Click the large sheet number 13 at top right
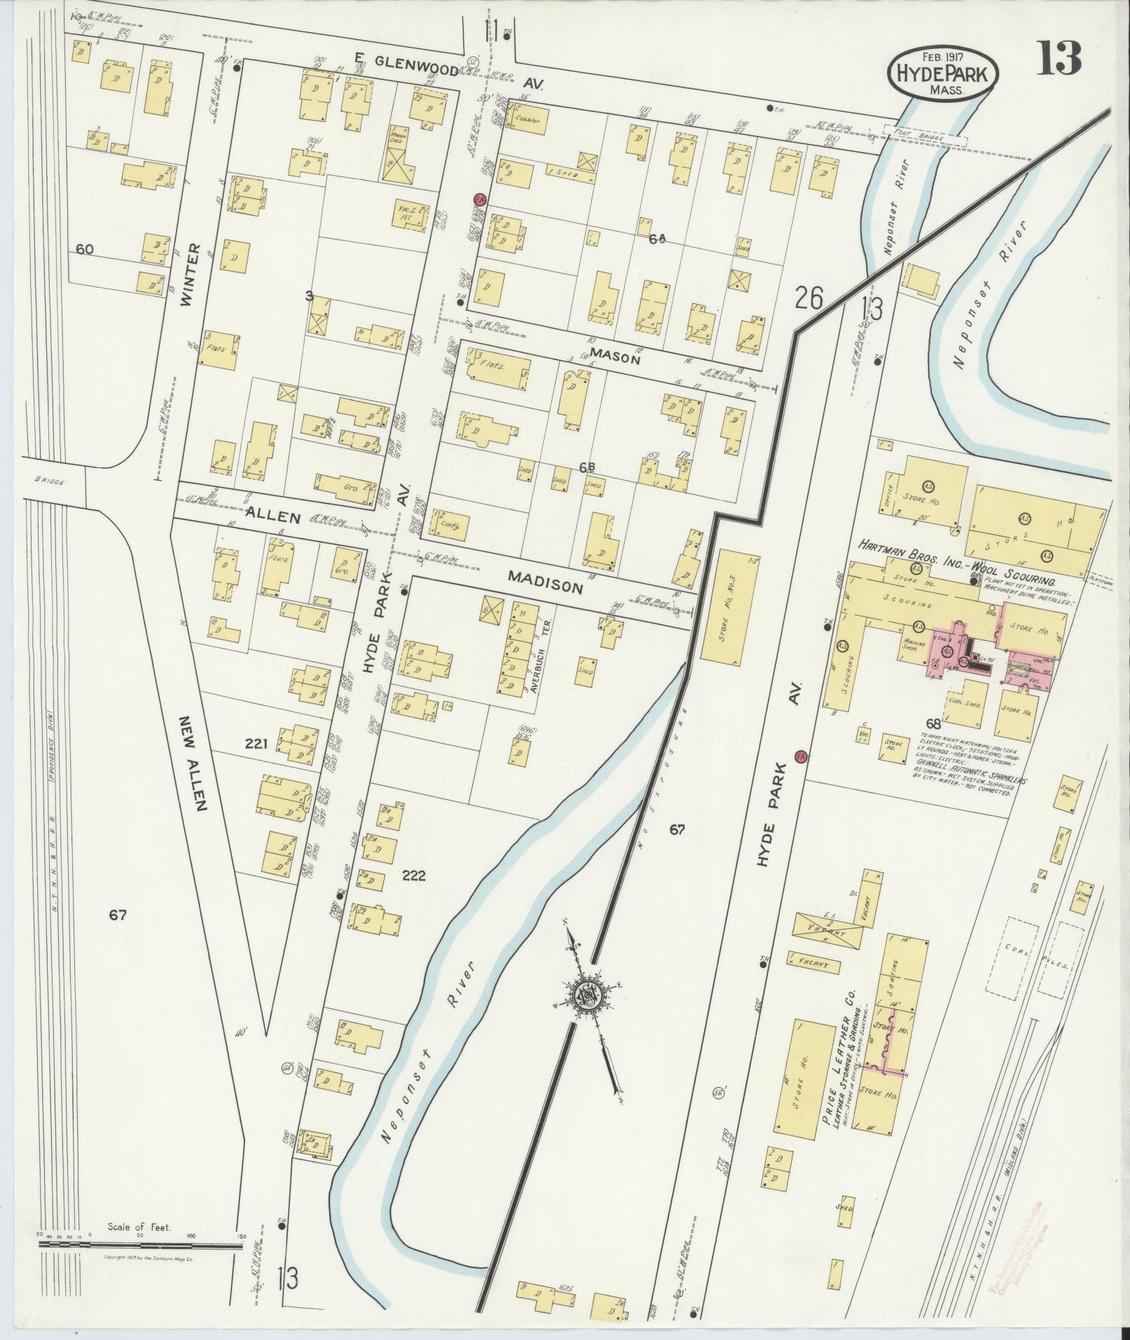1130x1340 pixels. click(x=1059, y=59)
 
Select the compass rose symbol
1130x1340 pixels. click(x=586, y=993)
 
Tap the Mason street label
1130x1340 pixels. click(x=615, y=357)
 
